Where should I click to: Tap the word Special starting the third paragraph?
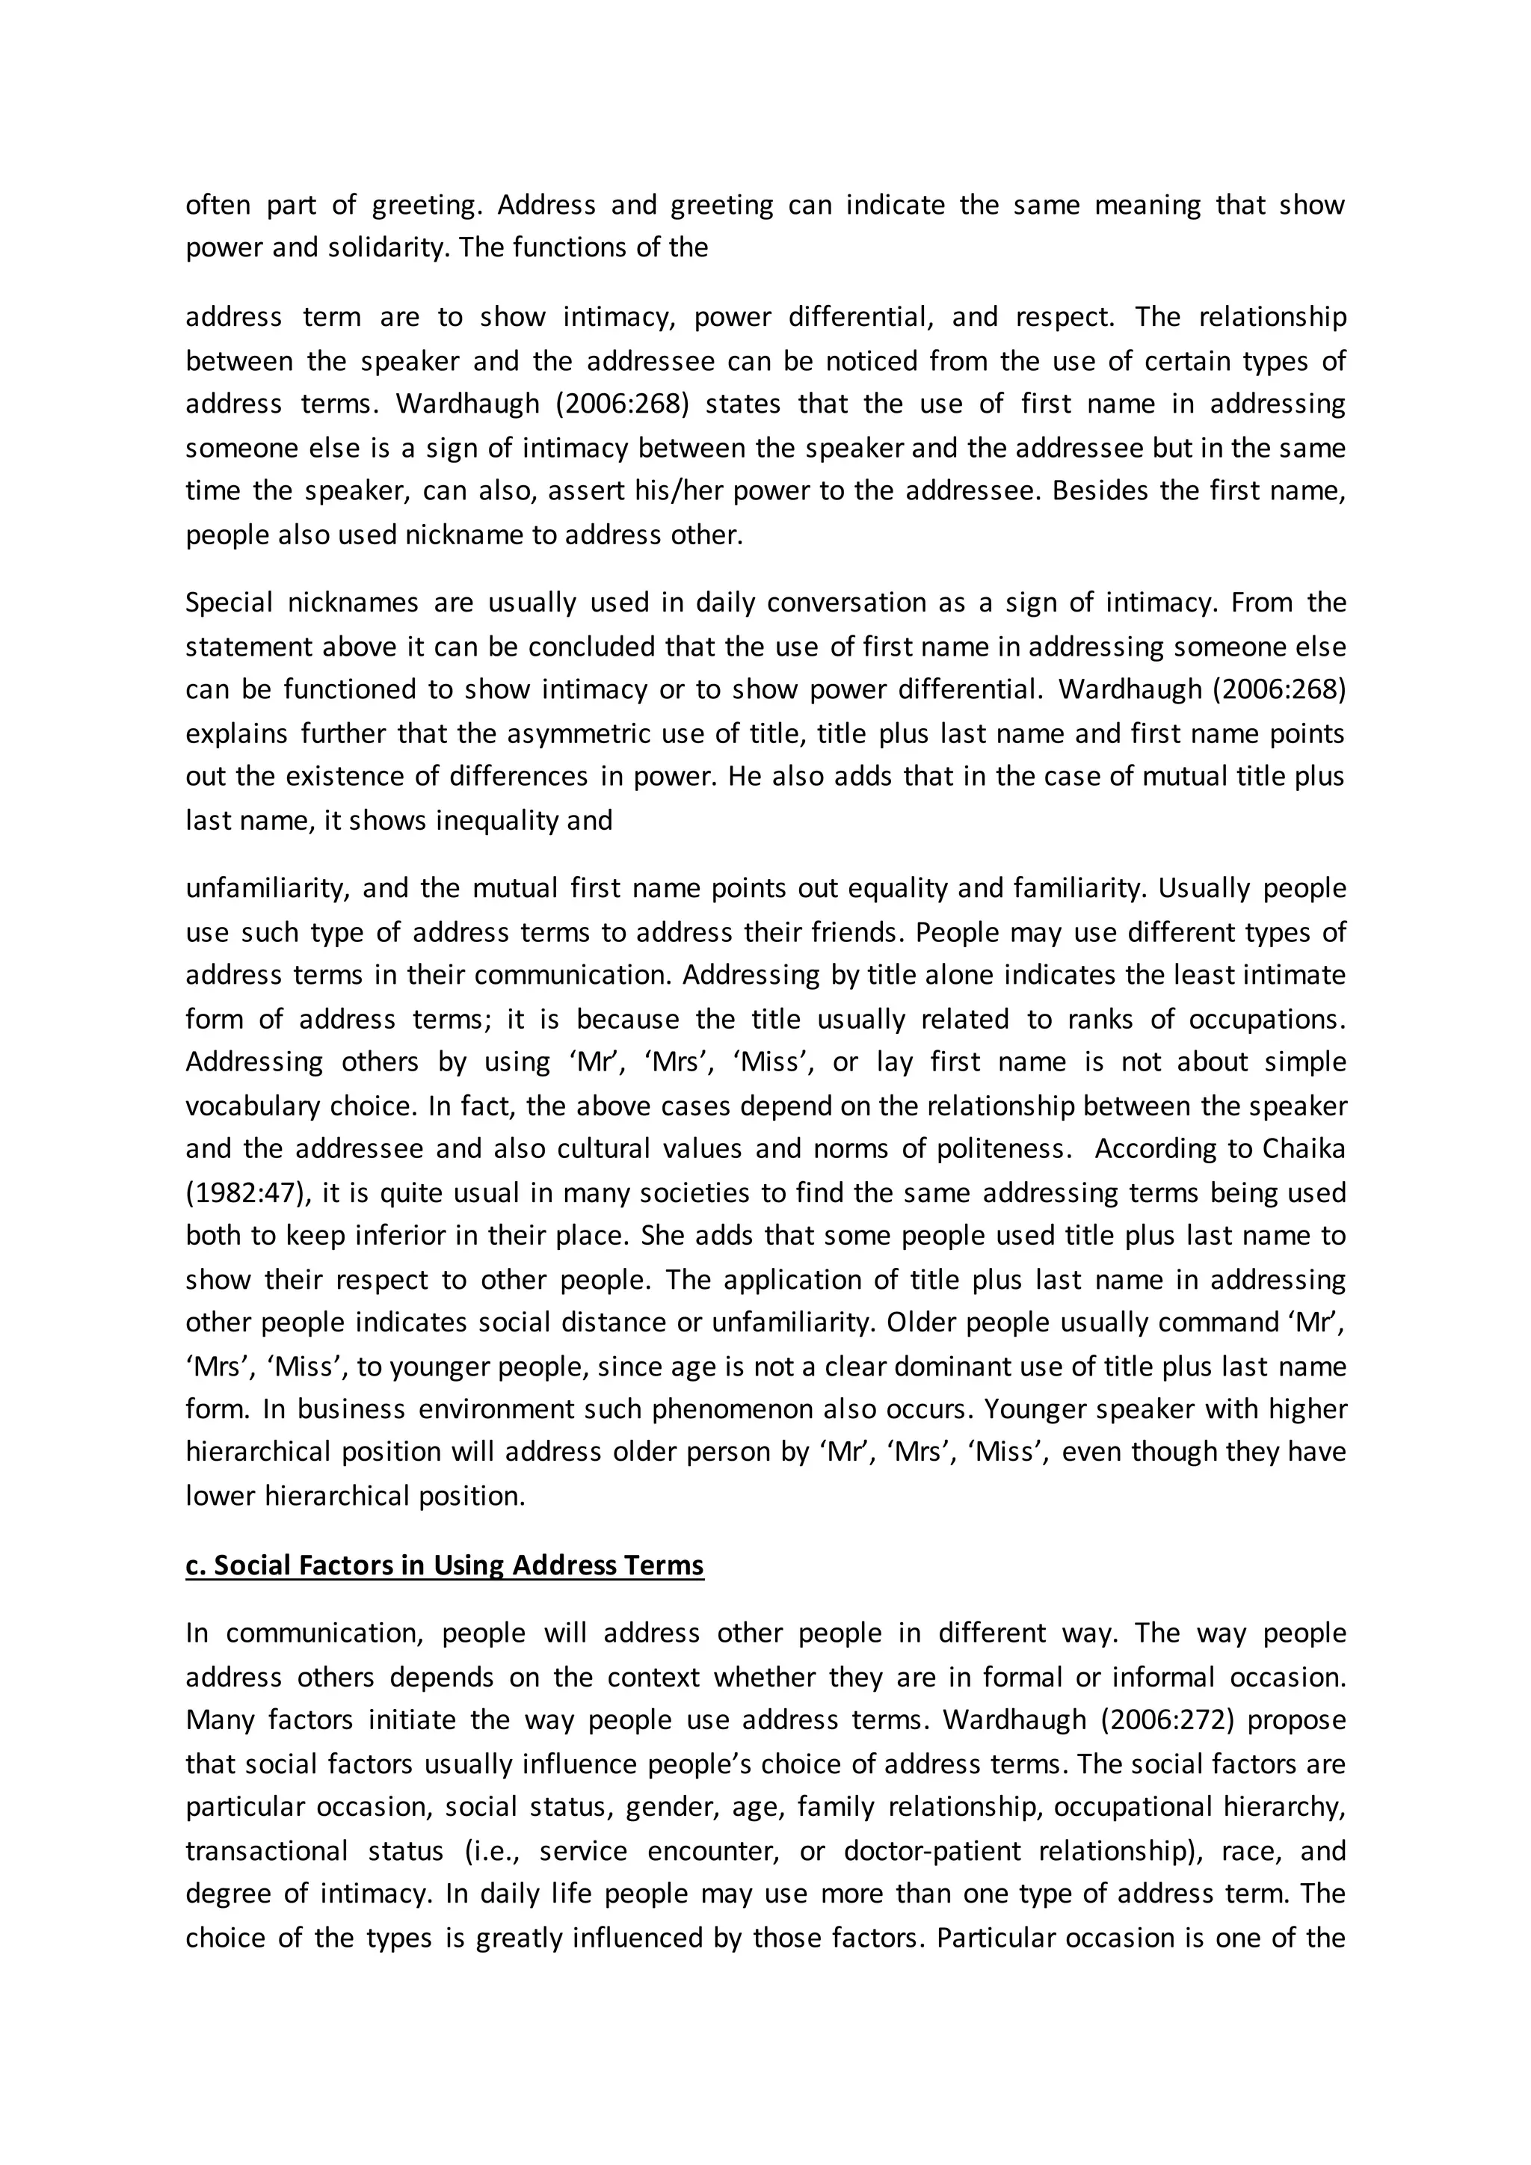pos(228,603)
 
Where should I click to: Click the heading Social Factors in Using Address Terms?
pos(444,1565)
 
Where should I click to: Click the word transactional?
pos(267,1851)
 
